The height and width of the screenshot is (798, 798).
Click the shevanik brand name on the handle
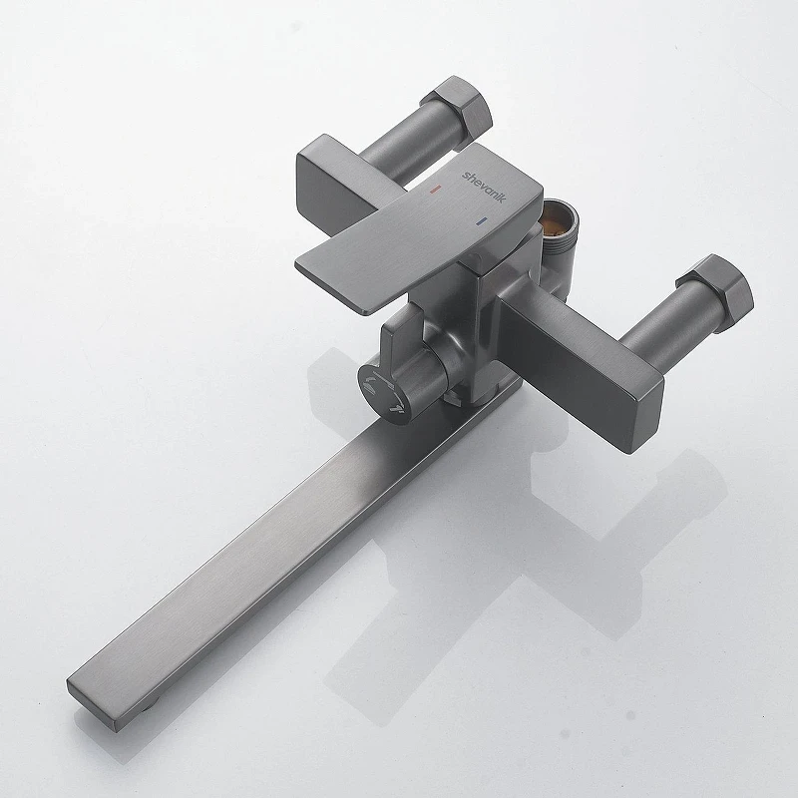click(x=484, y=187)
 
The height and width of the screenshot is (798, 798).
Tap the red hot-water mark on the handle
click(x=435, y=190)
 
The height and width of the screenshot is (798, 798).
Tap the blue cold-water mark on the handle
click(x=481, y=220)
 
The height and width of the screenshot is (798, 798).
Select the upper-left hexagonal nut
click(x=457, y=108)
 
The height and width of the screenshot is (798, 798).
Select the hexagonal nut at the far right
click(x=715, y=292)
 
